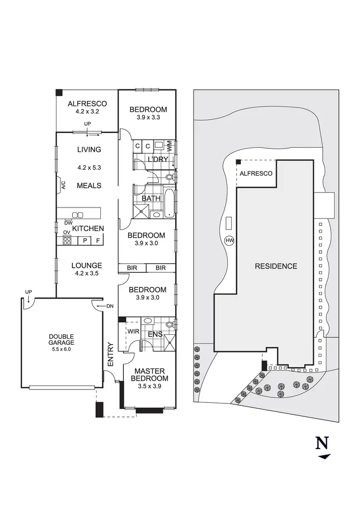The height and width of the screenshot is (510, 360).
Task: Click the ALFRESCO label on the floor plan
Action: [x=87, y=104]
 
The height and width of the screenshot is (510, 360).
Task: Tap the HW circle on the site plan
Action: [x=229, y=241]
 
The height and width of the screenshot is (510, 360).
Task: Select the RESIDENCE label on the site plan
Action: [x=276, y=266]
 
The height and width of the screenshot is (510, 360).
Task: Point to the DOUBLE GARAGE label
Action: [x=61, y=340]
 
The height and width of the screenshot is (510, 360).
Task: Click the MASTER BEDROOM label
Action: [x=149, y=375]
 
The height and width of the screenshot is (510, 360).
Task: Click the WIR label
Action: [x=133, y=331]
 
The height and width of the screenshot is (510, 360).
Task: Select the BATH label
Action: [x=150, y=198]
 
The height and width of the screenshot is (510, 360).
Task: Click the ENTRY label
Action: [x=111, y=354]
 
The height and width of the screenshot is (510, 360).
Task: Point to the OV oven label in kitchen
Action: [x=67, y=232]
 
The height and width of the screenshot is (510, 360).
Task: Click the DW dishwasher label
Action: [x=68, y=222]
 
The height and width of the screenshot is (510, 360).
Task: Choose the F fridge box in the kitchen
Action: [x=97, y=240]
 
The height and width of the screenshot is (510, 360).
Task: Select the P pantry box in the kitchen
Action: [x=84, y=240]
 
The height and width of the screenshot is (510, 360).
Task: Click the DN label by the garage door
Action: [x=109, y=305]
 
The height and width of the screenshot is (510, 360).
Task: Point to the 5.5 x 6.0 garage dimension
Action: [x=61, y=350]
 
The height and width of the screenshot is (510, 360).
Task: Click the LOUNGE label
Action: [x=86, y=265]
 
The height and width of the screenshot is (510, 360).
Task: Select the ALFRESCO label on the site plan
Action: [x=256, y=173]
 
